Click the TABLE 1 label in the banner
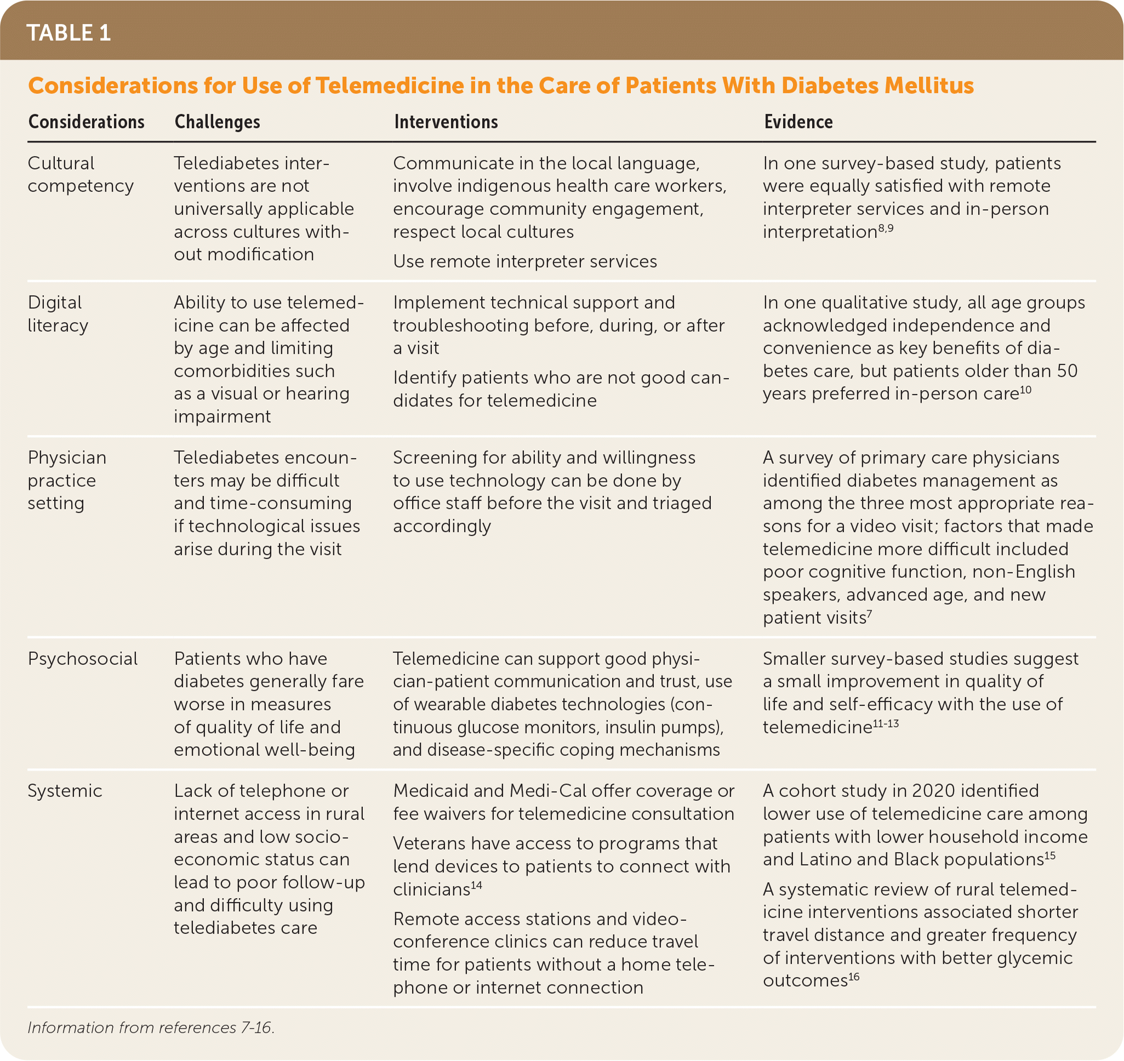tap(69, 33)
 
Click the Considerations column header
tap(86, 122)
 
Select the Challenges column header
tap(217, 122)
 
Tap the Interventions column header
tap(446, 122)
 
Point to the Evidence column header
tap(798, 122)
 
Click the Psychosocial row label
tap(83, 658)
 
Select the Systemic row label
tap(65, 791)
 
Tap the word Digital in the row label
tap(55, 303)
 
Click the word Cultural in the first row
tap(61, 163)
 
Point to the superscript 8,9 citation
tap(886, 228)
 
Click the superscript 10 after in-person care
tap(1025, 390)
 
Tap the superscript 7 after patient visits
tap(870, 614)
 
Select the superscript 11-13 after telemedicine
tap(886, 723)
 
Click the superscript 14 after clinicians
tap(477, 885)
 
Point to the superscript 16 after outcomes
tap(854, 977)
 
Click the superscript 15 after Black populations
tap(1050, 855)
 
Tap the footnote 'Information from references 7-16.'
tap(151, 1028)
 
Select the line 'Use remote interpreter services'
tap(525, 261)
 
